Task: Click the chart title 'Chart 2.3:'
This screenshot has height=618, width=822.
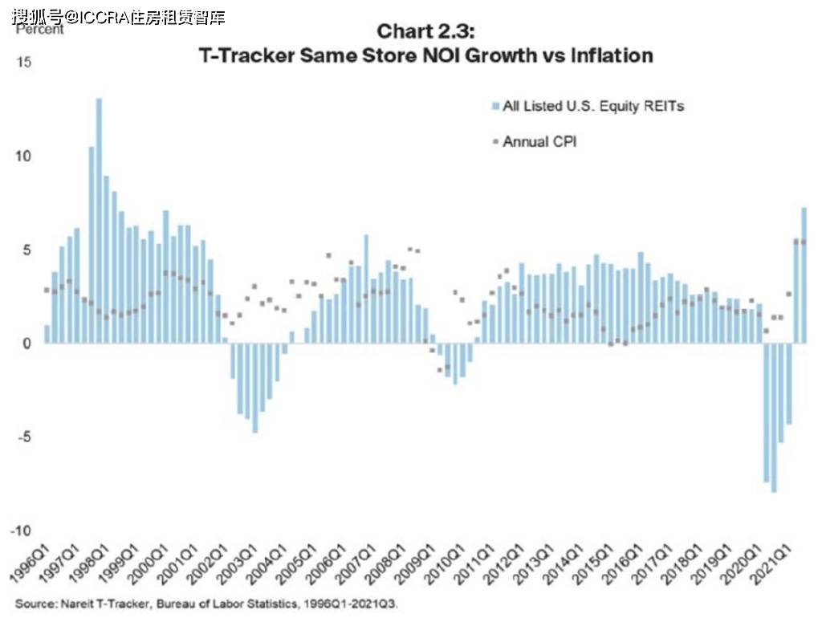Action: [425, 31]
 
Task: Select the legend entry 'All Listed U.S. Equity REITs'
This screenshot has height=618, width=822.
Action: [588, 107]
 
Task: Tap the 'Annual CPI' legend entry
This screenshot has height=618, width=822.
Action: [535, 141]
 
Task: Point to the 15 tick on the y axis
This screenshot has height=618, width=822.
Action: [23, 63]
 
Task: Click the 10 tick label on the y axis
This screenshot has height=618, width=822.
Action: [23, 157]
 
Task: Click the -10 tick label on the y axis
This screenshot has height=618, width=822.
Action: [21, 531]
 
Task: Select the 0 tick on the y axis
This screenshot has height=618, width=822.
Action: [27, 344]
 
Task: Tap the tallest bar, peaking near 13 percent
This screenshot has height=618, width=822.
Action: [99, 221]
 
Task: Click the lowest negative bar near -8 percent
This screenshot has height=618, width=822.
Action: [774, 418]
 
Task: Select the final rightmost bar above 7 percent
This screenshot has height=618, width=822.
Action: [804, 276]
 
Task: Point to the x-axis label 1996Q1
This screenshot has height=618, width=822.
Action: [29, 563]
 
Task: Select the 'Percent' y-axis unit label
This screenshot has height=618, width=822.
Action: [40, 30]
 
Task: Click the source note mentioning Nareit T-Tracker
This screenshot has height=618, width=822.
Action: [206, 604]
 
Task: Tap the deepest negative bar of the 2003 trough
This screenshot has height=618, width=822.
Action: [255, 388]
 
